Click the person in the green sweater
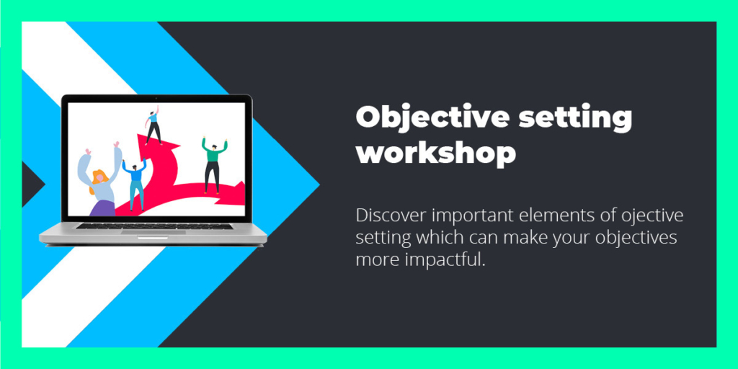click(x=213, y=165)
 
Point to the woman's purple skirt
click(x=102, y=208)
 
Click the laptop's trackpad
click(x=153, y=232)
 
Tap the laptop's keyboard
click(x=154, y=226)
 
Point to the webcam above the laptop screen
click(x=156, y=98)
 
